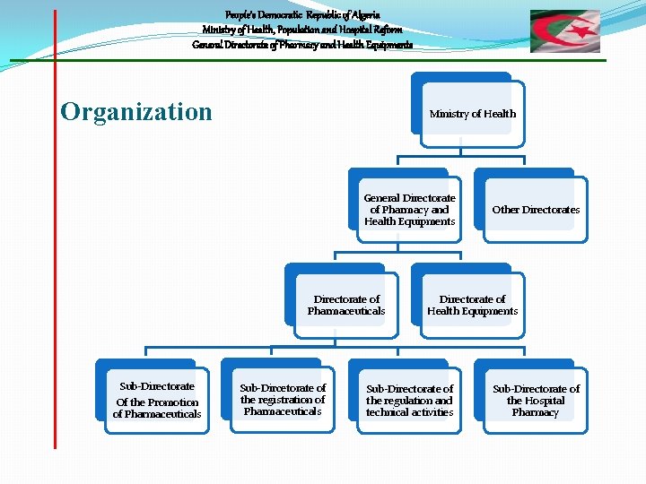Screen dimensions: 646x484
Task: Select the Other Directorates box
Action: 536,210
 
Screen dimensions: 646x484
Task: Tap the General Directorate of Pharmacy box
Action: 409,210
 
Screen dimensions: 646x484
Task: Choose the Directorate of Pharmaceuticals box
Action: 346,305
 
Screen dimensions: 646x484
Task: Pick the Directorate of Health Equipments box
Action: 472,305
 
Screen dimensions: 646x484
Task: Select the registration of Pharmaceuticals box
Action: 283,400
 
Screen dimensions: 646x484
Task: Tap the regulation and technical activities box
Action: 409,401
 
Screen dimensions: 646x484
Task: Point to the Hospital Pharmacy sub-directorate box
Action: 536,401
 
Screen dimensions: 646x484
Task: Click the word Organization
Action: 136,112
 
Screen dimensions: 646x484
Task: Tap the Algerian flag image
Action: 564,31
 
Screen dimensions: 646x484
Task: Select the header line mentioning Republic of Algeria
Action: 303,15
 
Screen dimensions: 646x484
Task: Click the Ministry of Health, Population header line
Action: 302,30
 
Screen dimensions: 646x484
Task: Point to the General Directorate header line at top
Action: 302,45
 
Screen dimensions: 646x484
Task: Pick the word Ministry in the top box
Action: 449,114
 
